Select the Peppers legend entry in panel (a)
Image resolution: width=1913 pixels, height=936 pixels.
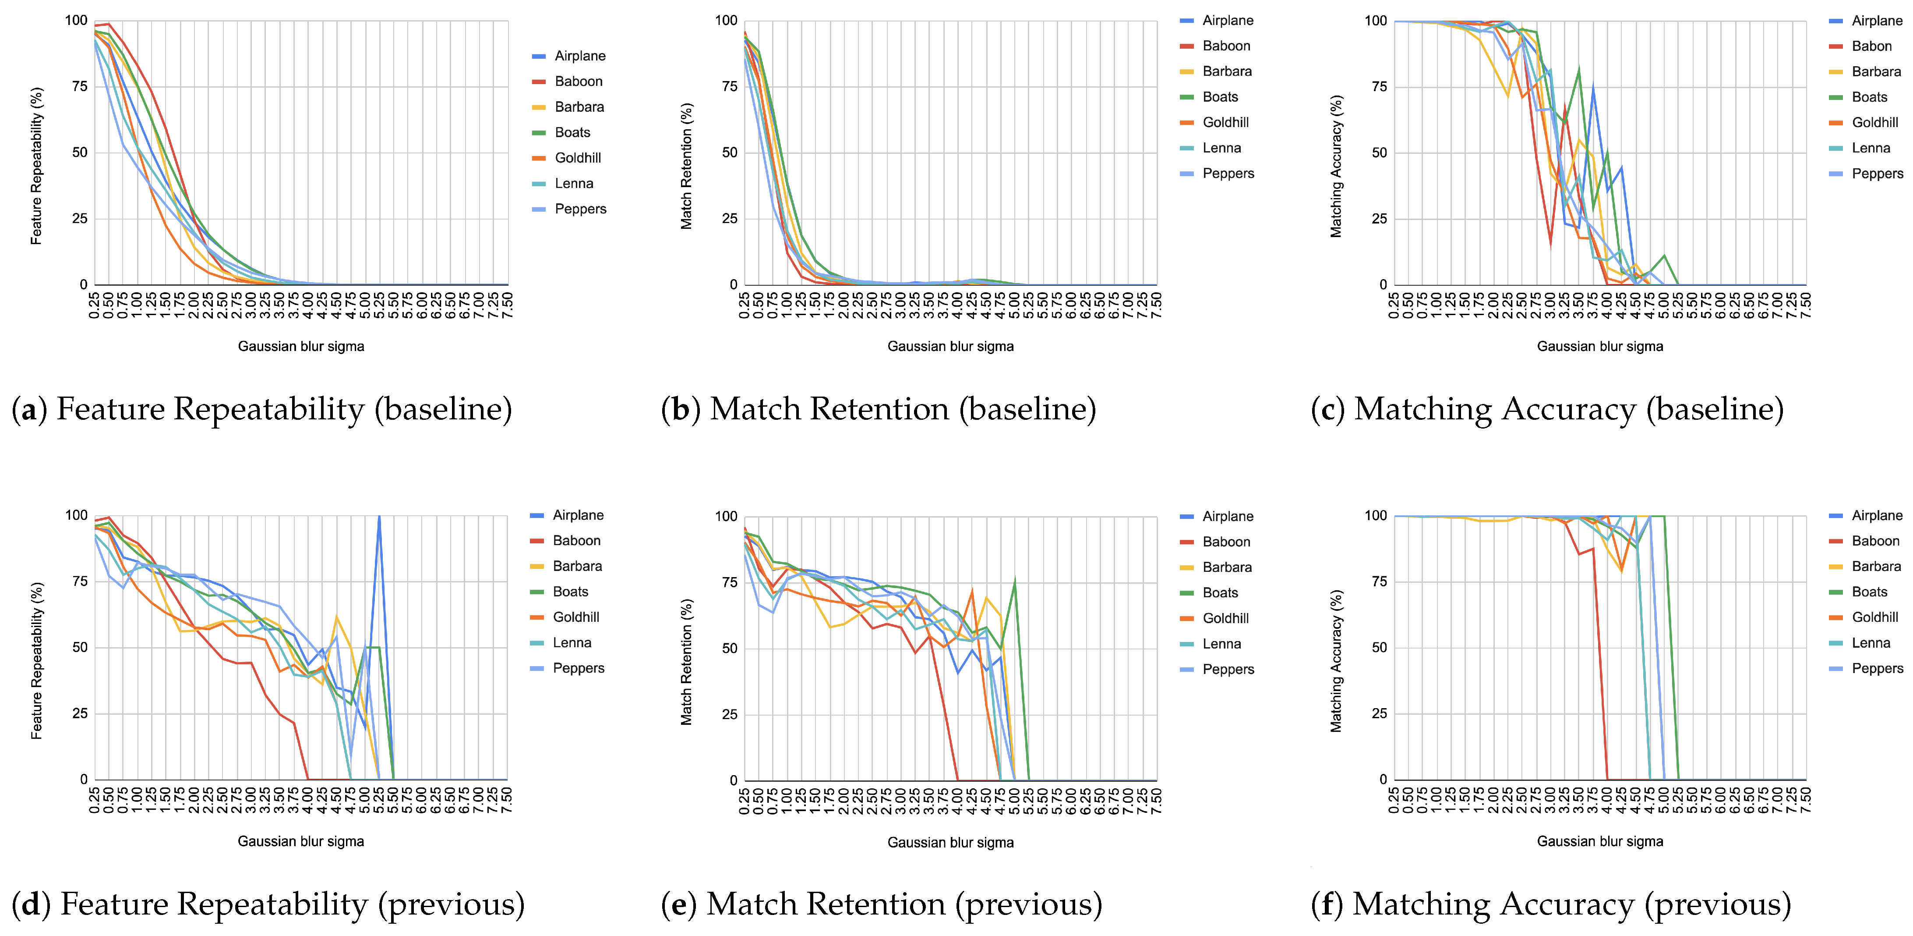[x=580, y=209]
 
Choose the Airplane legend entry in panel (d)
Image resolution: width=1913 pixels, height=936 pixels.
[x=578, y=515]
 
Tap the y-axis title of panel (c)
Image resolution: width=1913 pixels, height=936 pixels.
[x=1336, y=167]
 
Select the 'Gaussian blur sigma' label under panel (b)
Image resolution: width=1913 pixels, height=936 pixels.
[x=950, y=346]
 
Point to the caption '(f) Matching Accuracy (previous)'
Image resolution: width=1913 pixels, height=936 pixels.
[x=1551, y=904]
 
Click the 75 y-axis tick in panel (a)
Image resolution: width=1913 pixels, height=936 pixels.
[x=79, y=86]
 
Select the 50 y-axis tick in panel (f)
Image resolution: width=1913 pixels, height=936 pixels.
[x=1379, y=647]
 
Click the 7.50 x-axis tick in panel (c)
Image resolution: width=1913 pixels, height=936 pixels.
[x=1805, y=305]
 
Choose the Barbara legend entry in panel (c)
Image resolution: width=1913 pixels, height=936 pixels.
[x=1876, y=71]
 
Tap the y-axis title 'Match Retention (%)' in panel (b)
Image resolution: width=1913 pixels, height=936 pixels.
[x=687, y=167]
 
